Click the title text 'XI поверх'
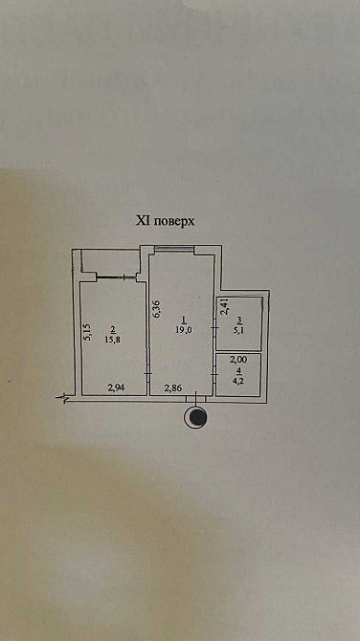pos(165,220)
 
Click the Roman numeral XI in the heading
pos(142,220)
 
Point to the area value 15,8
pos(114,337)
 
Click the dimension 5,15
pos(86,332)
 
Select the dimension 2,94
pos(116,387)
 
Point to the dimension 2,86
pos(172,387)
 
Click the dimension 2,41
pos(224,307)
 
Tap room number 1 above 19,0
pos(182,320)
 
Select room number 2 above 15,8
pos(114,327)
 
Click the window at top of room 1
pos(176,251)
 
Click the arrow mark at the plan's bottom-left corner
pos(63,397)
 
